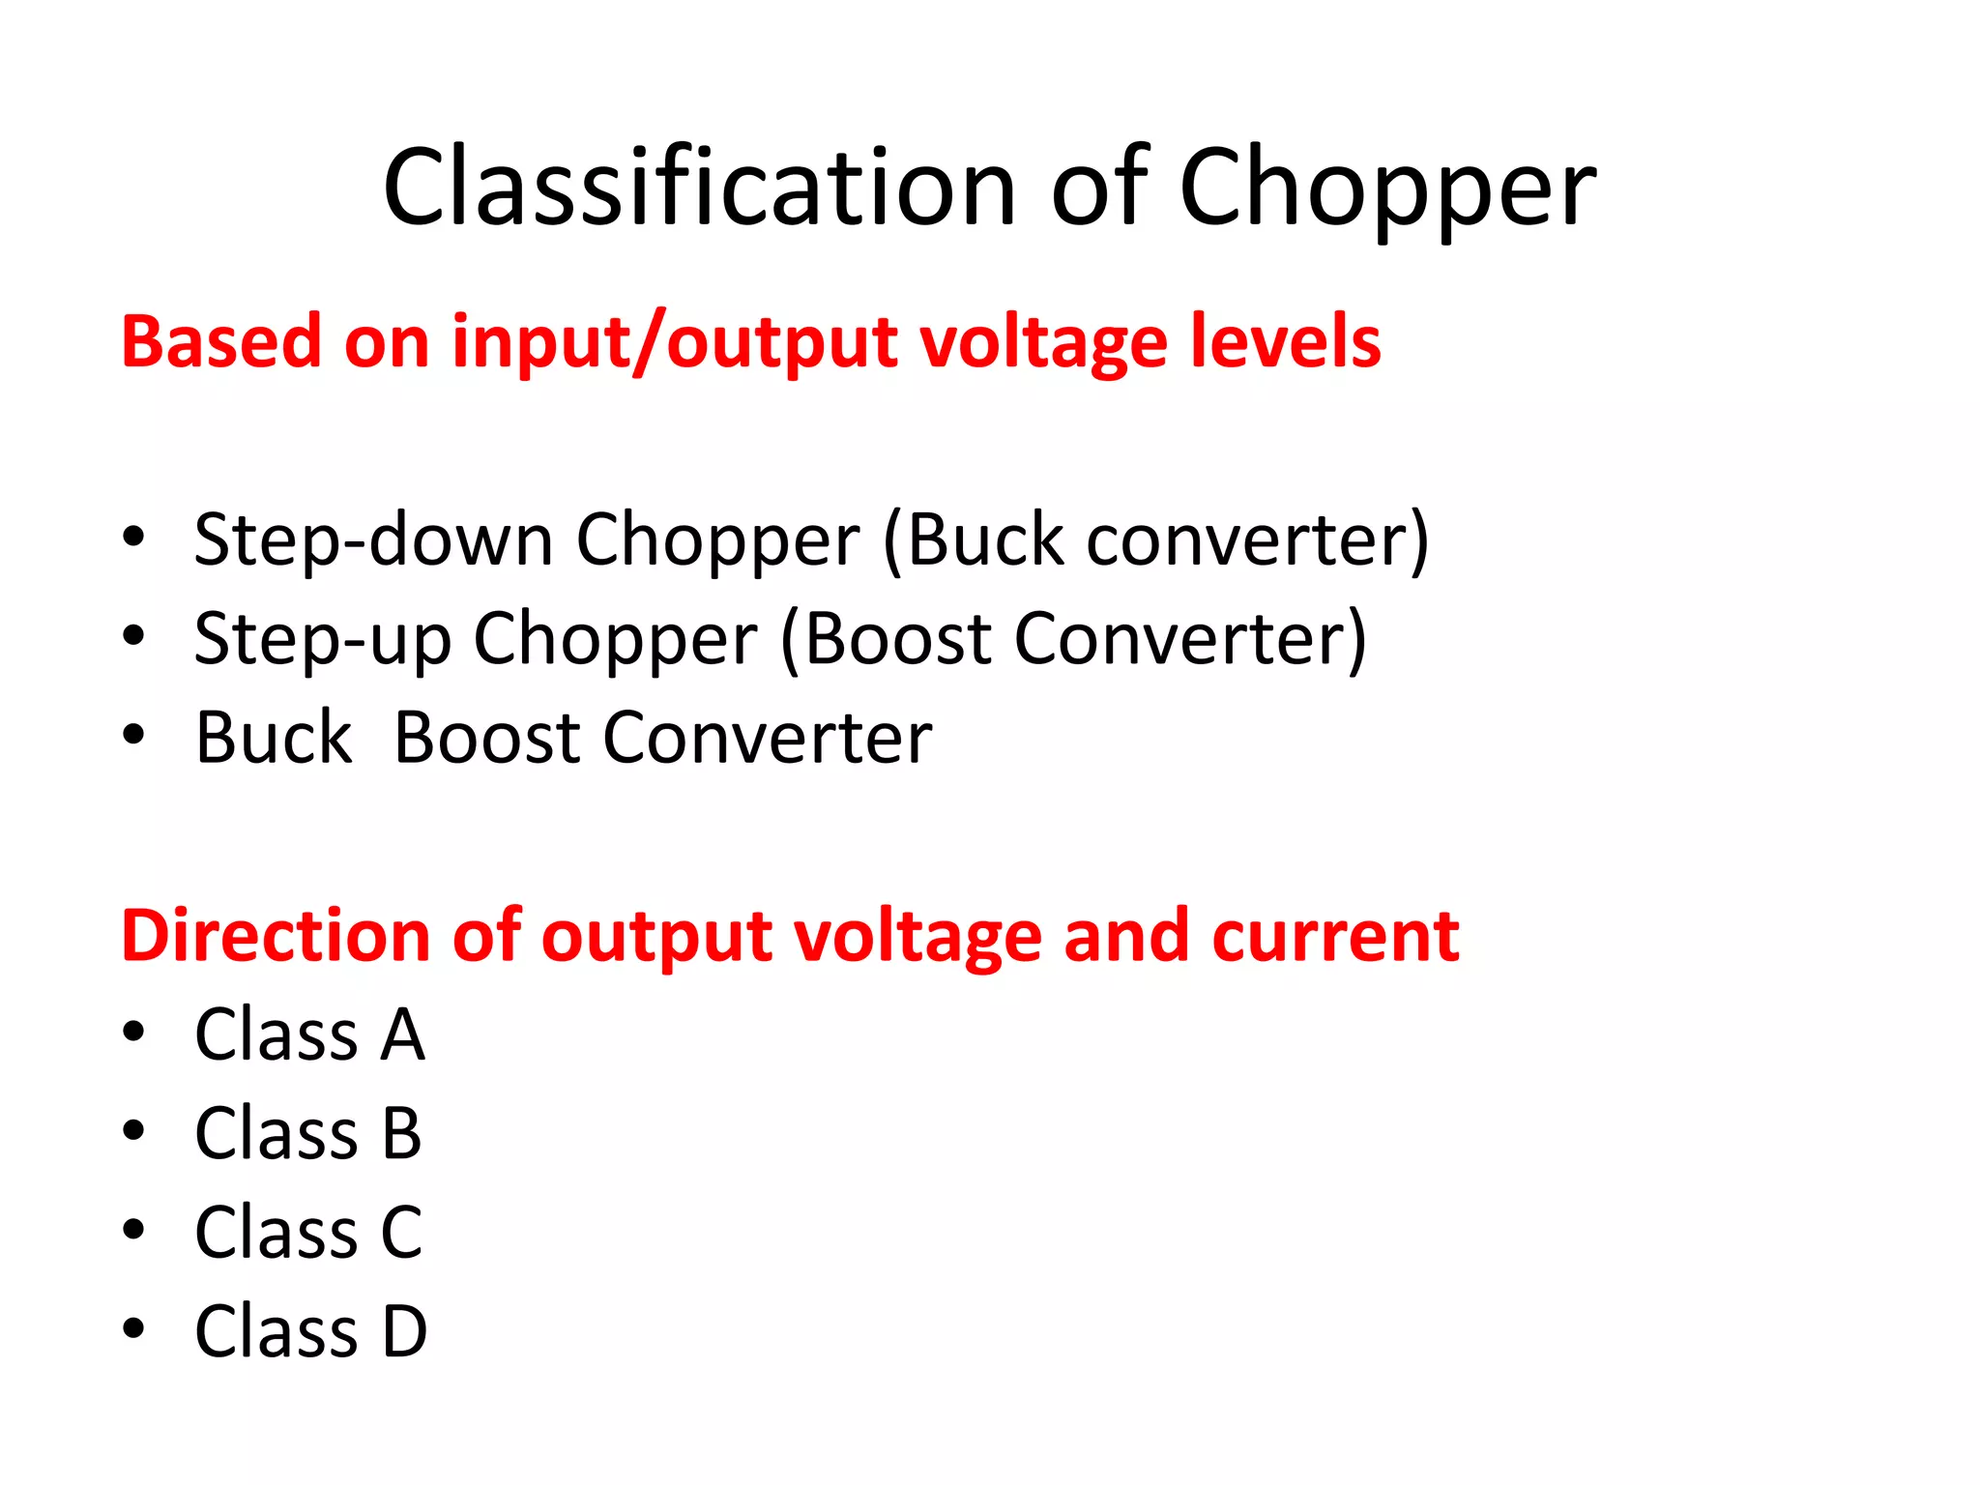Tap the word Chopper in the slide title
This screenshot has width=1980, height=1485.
(x=1386, y=189)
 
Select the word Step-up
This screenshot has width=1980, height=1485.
(x=322, y=639)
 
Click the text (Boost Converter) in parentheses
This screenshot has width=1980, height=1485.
(x=1073, y=639)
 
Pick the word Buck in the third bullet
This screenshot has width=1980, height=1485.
(x=274, y=738)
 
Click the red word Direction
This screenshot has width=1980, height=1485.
(x=275, y=936)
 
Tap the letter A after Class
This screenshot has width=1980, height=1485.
(x=402, y=1034)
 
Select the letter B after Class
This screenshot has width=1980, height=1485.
(x=402, y=1133)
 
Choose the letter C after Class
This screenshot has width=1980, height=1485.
(x=402, y=1233)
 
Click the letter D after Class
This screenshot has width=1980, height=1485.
(x=404, y=1331)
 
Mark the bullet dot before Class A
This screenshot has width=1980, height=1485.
(x=133, y=1032)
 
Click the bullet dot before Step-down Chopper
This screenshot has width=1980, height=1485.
(x=133, y=537)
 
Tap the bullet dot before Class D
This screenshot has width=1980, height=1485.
(x=133, y=1328)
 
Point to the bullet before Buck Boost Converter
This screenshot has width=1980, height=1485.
(x=133, y=735)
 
